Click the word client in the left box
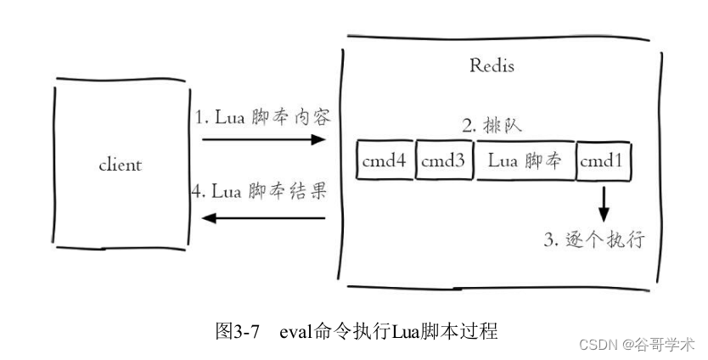tap(120, 165)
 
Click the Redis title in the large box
tap(492, 65)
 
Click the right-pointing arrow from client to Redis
tap(263, 139)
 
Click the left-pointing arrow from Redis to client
tap(263, 218)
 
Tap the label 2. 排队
tap(492, 126)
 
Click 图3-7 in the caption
tap(238, 331)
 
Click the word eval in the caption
tap(292, 331)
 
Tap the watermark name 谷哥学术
tap(667, 345)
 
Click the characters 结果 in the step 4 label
tap(310, 191)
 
